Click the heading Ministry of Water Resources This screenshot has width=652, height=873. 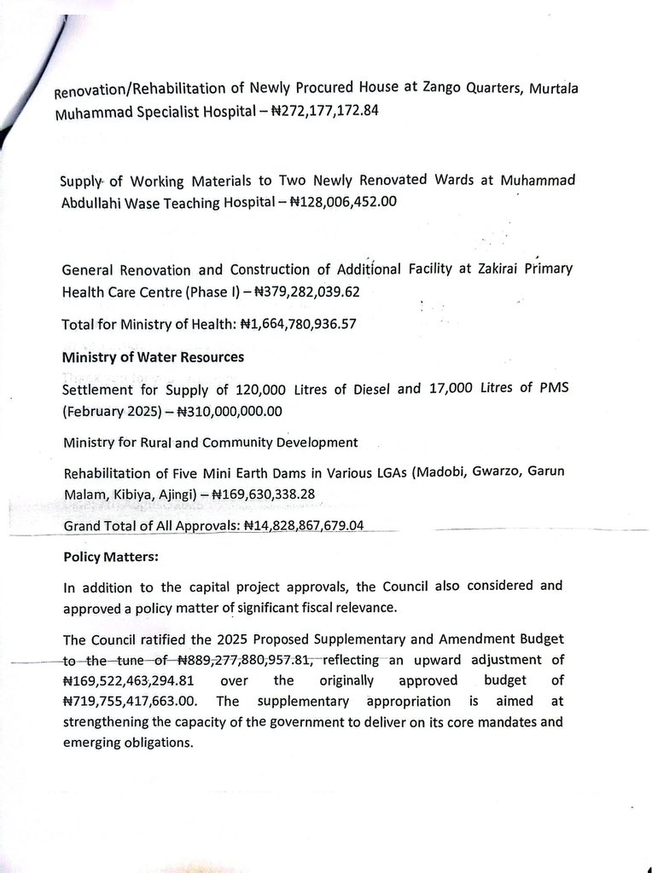[153, 357]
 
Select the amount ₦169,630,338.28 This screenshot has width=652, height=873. [277, 494]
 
